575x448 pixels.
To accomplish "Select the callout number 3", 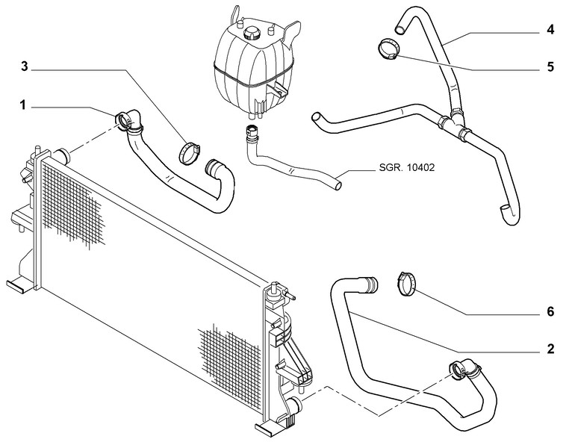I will click(25, 67).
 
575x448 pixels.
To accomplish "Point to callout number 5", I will click(550, 66).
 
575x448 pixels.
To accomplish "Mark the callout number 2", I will click(550, 349).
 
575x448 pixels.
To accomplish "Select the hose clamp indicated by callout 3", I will click(190, 152).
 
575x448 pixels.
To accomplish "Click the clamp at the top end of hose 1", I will click(127, 119).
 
